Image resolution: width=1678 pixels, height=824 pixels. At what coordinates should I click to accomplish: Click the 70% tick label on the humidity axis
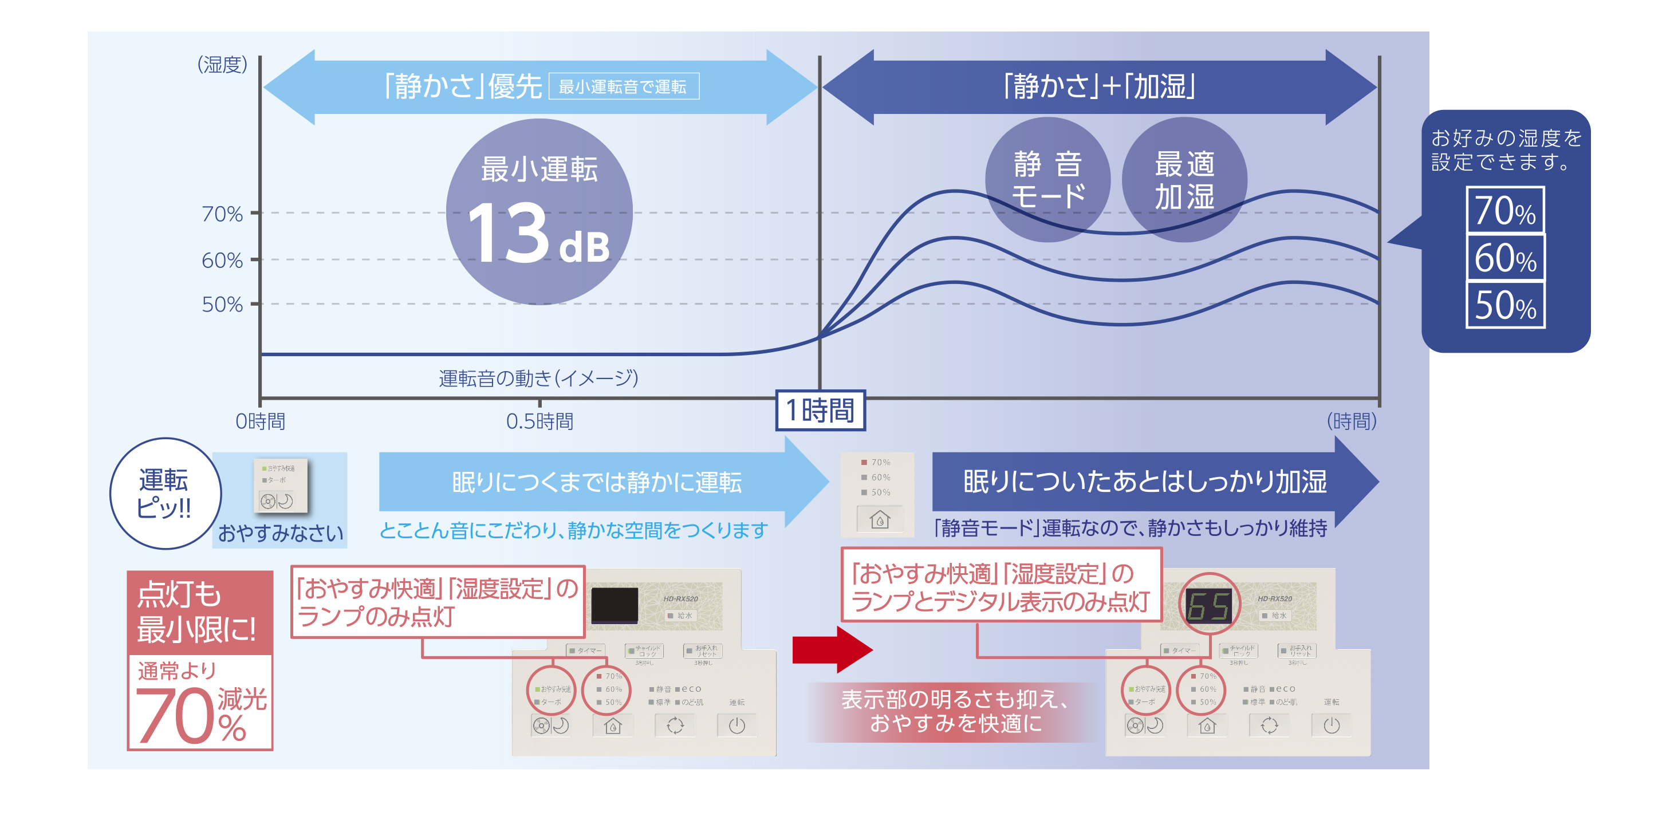click(222, 214)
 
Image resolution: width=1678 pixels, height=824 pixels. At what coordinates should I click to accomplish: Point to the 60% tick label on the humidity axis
click(222, 261)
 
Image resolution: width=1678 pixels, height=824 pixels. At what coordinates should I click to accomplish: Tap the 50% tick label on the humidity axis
click(222, 304)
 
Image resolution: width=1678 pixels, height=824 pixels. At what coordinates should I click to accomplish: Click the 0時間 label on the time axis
click(260, 421)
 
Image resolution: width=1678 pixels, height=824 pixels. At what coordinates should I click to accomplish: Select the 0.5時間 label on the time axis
click(539, 421)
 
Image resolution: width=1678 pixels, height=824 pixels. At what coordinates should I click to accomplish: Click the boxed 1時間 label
click(820, 411)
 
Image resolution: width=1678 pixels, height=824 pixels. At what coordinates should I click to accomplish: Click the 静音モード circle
click(1047, 180)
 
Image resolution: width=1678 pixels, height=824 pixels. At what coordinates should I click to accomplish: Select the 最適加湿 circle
click(1184, 180)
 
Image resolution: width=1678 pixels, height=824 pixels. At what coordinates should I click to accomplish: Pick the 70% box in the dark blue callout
click(1506, 210)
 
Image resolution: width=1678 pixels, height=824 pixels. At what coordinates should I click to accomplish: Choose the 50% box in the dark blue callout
click(1506, 305)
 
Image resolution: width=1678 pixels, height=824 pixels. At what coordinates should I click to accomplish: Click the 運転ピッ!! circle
click(165, 493)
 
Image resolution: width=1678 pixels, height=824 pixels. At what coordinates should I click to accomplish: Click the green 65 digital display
click(1208, 606)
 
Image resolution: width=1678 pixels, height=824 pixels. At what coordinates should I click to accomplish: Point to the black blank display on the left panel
click(615, 605)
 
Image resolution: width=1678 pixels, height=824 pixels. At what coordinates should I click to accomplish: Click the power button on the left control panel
click(736, 725)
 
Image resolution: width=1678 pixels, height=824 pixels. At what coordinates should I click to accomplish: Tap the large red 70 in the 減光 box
click(175, 716)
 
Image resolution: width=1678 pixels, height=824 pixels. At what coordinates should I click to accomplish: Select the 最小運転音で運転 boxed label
click(624, 86)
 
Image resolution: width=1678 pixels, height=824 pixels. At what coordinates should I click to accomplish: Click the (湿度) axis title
click(222, 65)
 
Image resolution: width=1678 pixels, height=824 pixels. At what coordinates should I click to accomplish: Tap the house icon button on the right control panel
click(1207, 725)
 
